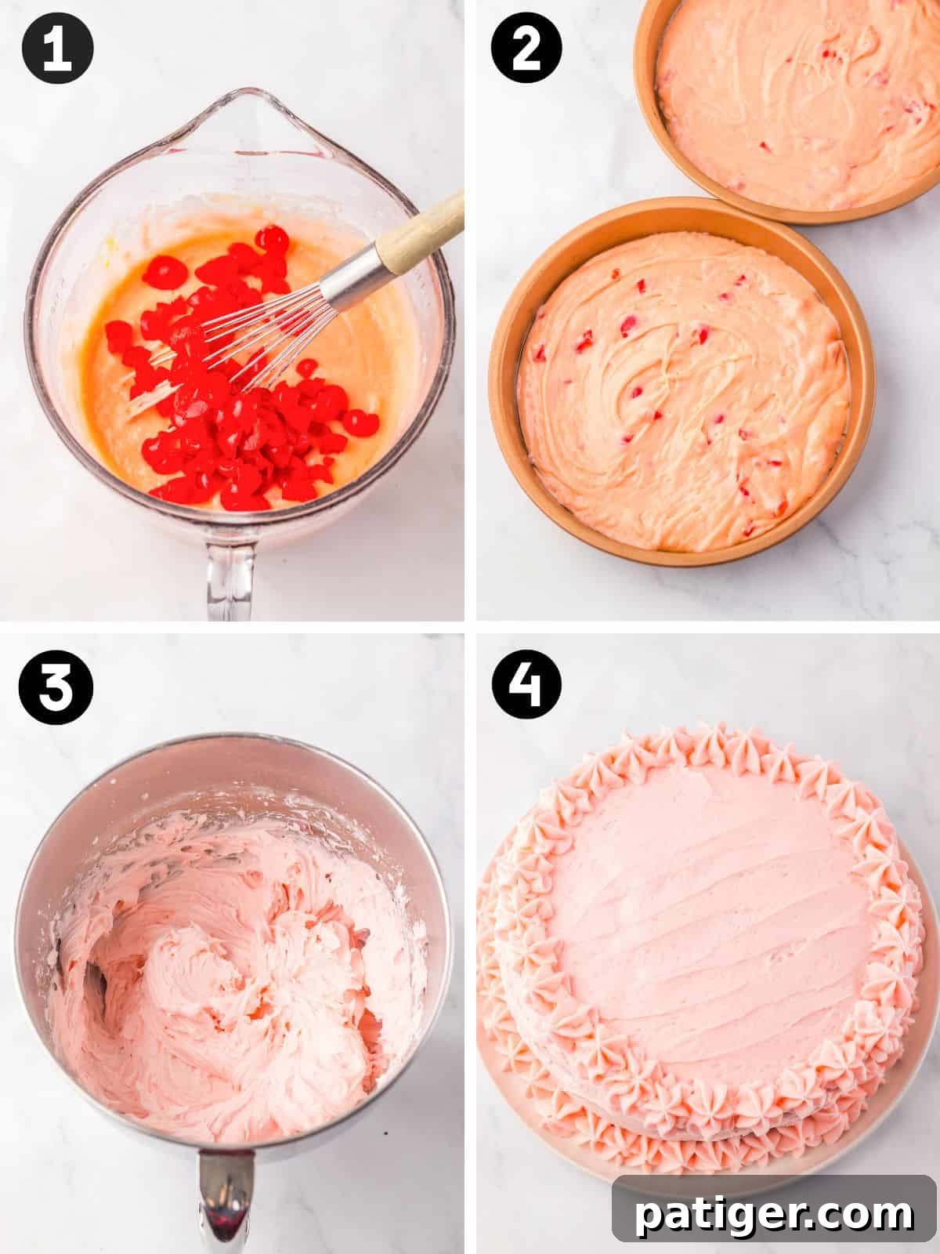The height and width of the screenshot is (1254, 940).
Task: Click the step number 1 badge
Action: pos(57,49)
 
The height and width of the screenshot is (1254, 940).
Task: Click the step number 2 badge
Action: pos(526,49)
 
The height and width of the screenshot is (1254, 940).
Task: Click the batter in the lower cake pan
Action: pos(681,392)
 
